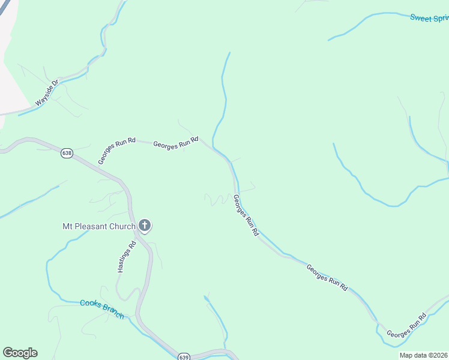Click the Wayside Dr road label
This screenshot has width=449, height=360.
click(47, 94)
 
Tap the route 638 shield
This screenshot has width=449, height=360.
click(66, 154)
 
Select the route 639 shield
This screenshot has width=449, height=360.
click(184, 356)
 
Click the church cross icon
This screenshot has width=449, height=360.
click(144, 226)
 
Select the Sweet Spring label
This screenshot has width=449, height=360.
click(429, 17)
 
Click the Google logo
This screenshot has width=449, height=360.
click(20, 353)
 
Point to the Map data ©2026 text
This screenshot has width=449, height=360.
click(423, 355)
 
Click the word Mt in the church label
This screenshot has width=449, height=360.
click(68, 226)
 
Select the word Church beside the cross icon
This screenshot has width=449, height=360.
click(124, 226)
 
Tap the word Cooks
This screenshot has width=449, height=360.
click(90, 304)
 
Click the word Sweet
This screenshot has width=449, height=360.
click(421, 17)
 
